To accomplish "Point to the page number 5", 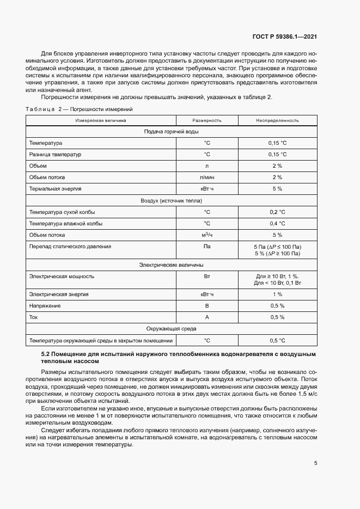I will (x=316, y=463).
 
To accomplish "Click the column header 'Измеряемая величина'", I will (x=101, y=120).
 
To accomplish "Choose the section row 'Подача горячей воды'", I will (x=171, y=132).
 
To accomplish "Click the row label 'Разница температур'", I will (x=55, y=155).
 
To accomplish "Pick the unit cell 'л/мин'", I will (x=206, y=177).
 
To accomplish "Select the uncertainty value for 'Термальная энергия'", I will (x=277, y=189).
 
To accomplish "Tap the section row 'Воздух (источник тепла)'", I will (x=171, y=200).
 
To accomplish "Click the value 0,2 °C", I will (x=277, y=212).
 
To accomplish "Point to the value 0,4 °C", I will (x=277, y=223).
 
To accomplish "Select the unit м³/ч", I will (x=206, y=235).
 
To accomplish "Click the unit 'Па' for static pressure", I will (x=206, y=246).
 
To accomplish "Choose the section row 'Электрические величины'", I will (x=171, y=265).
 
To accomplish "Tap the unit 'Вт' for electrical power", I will (x=206, y=276).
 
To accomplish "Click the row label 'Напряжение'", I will (x=45, y=306).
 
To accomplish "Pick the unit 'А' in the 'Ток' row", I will (x=206, y=317).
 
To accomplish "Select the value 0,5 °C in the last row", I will (x=277, y=341).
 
